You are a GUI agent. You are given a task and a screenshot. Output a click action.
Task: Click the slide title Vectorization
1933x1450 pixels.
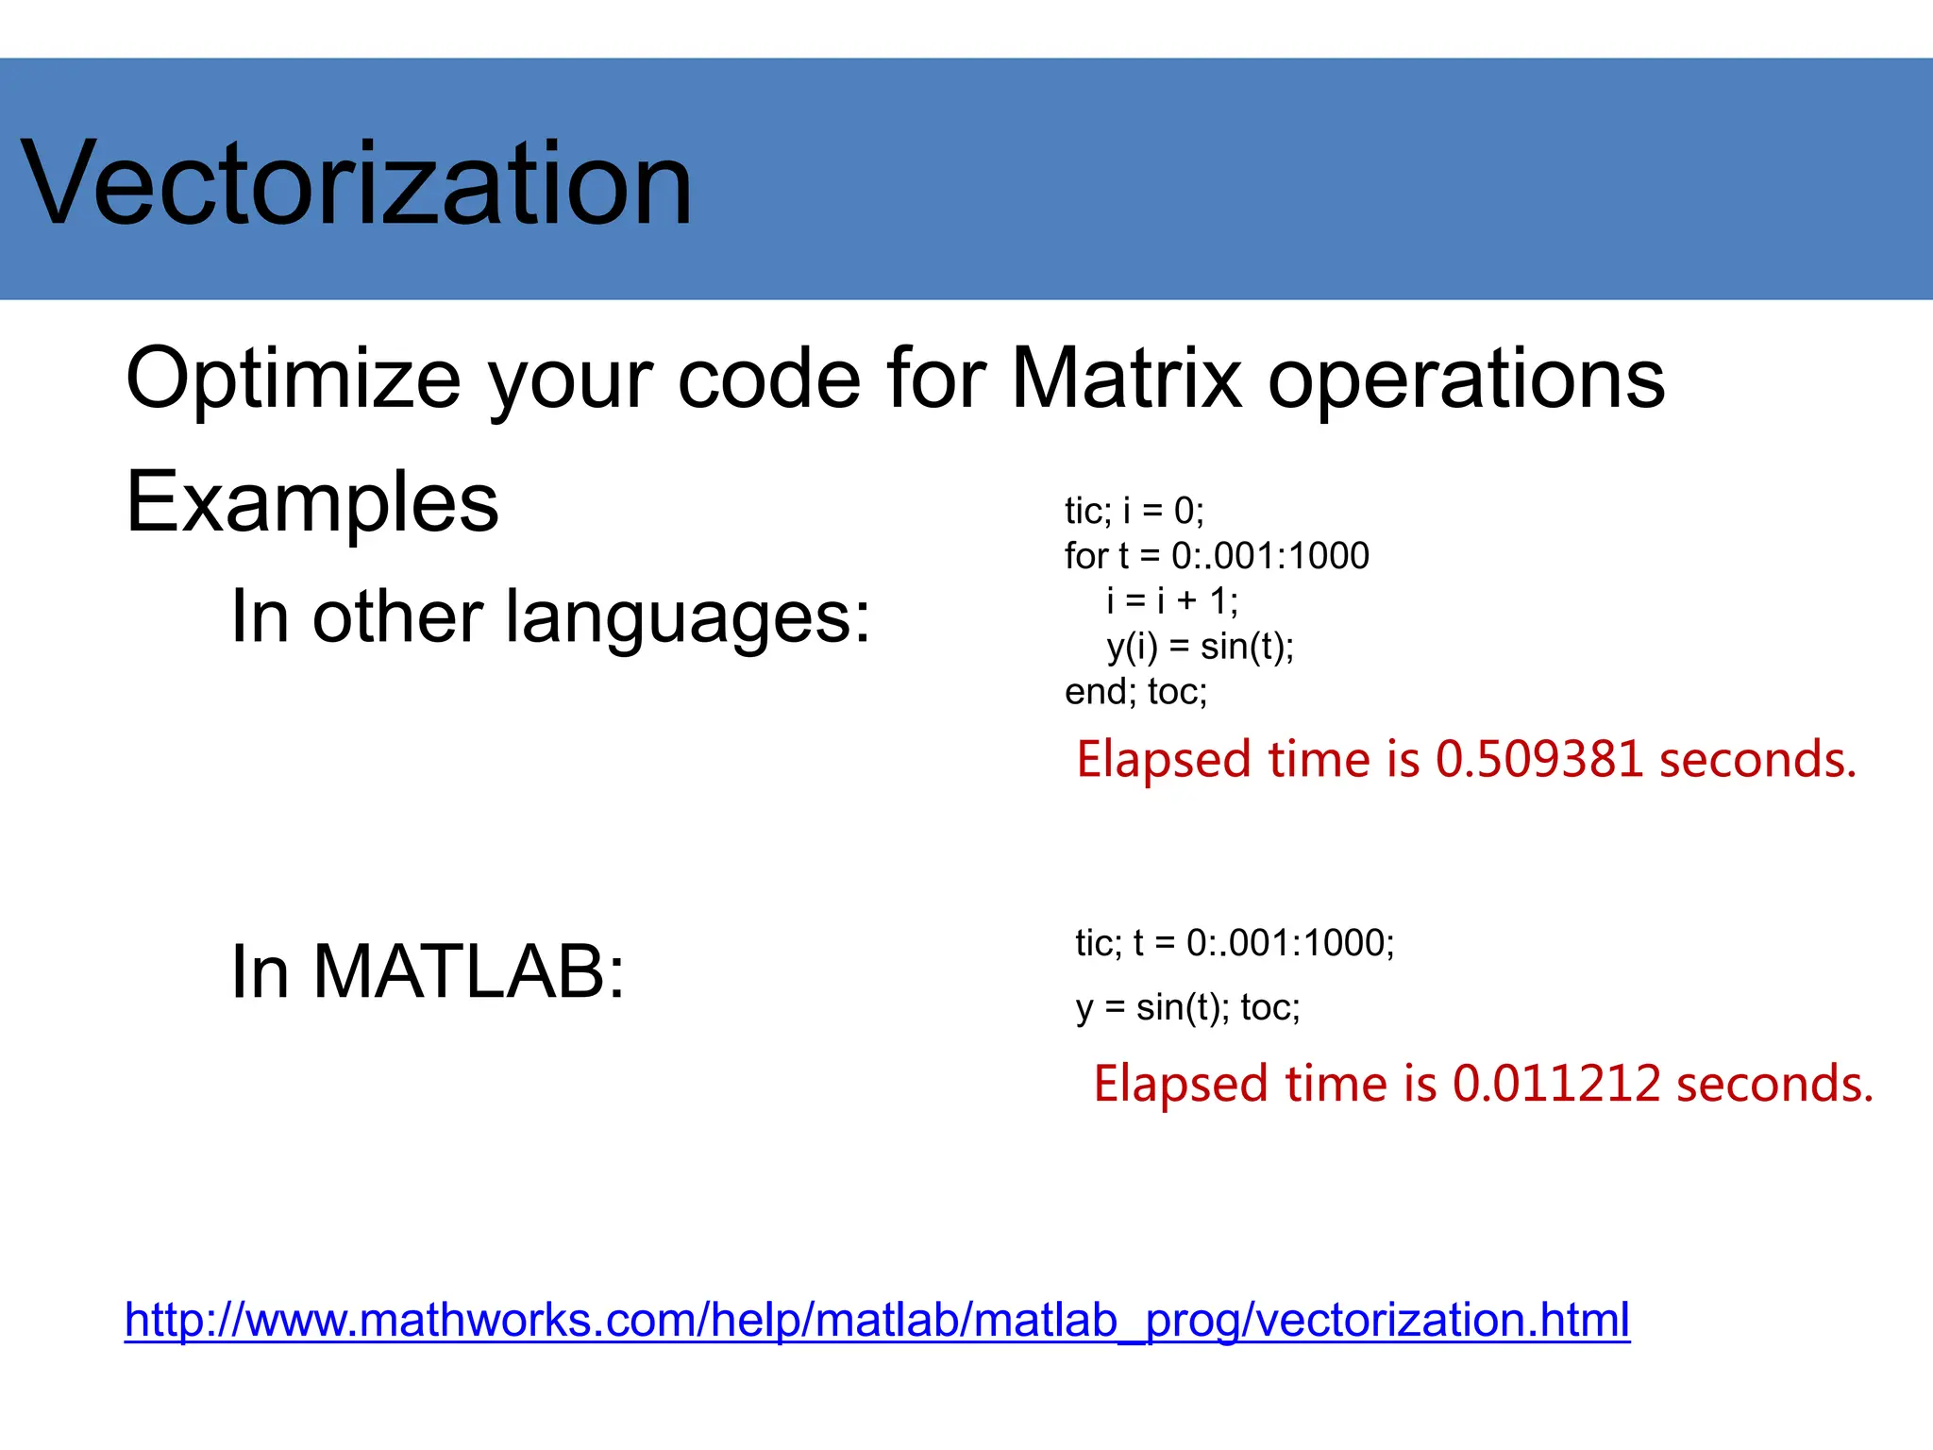click(x=357, y=183)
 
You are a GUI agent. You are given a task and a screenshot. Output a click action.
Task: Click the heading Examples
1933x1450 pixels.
click(x=311, y=502)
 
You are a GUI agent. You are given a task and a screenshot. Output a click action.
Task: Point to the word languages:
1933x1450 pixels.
click(x=687, y=617)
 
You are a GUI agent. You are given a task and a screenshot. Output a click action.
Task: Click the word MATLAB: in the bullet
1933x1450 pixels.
click(x=468, y=972)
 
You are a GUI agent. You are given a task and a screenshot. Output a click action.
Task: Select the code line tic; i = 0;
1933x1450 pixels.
click(x=1135, y=512)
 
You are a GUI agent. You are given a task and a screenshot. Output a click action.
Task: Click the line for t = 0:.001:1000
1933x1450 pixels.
click(x=1217, y=556)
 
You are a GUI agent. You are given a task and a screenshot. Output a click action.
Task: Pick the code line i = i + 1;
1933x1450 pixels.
click(x=1172, y=601)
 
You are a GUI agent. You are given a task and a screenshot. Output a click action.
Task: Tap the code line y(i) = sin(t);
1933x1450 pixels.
click(x=1200, y=647)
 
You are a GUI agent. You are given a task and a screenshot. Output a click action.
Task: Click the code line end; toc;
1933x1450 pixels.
click(x=1136, y=692)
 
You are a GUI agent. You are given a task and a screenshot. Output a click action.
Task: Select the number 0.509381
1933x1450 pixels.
click(x=1538, y=760)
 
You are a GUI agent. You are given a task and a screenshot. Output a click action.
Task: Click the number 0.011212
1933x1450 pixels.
click(x=1555, y=1084)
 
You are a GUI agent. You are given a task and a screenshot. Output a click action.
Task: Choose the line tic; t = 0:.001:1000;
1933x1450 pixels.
click(x=1235, y=943)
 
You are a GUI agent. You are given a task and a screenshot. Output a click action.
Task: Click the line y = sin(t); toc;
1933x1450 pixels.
click(x=1187, y=1008)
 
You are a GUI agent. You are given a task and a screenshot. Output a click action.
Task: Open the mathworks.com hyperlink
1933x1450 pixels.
click(x=876, y=1320)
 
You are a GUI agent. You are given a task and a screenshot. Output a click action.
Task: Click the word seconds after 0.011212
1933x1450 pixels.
click(x=1773, y=1084)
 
